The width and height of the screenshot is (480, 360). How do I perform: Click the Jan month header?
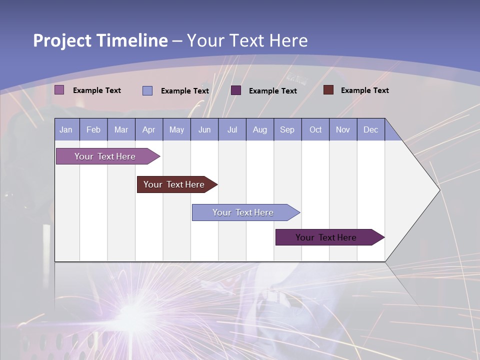tap(66, 129)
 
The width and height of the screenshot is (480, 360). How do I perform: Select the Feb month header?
tap(93, 129)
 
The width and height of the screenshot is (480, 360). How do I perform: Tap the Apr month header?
tap(149, 129)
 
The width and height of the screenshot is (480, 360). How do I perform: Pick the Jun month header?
tap(204, 129)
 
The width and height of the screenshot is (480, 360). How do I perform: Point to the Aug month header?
tap(260, 129)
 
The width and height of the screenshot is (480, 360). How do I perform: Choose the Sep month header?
tap(287, 129)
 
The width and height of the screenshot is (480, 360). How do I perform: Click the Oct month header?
tap(315, 129)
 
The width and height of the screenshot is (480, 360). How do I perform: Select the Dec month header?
tap(371, 129)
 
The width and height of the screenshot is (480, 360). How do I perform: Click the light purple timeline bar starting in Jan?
tap(105, 156)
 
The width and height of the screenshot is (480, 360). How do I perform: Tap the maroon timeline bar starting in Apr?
tap(174, 184)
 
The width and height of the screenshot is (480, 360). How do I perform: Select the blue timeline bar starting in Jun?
tap(243, 212)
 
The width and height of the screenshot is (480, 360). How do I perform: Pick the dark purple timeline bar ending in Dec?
tap(326, 237)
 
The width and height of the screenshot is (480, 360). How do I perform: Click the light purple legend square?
tap(59, 90)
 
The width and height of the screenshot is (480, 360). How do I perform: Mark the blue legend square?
tap(147, 90)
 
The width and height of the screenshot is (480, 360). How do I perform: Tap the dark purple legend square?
tap(236, 90)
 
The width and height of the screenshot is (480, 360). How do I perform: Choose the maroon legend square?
tap(328, 90)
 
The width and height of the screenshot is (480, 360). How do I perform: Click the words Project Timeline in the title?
tap(100, 40)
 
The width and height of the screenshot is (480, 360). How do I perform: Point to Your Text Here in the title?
tap(247, 40)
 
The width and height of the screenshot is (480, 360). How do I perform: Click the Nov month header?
tap(343, 129)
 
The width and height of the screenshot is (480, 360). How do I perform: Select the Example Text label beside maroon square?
tap(364, 90)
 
